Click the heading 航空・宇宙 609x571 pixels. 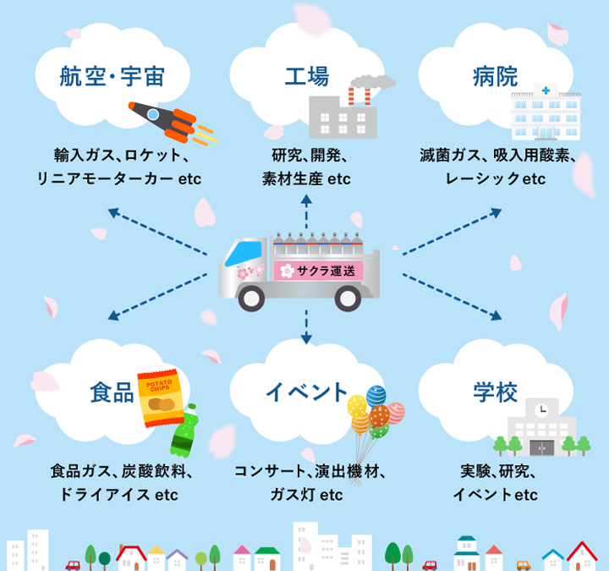click(x=112, y=79)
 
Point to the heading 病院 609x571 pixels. click(x=495, y=79)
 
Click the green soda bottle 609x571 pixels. click(x=185, y=431)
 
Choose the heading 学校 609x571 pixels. click(x=495, y=392)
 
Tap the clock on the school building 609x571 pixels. click(x=541, y=409)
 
